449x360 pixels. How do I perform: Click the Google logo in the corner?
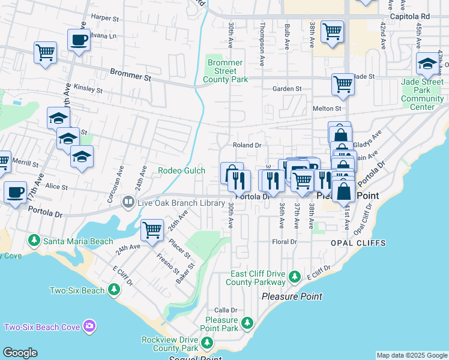[x=20, y=353]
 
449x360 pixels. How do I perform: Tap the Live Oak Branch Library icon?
[x=127, y=203]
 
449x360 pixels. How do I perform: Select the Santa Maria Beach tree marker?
[x=34, y=241]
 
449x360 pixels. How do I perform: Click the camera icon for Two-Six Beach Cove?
[x=89, y=326]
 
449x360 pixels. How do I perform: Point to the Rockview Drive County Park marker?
[x=206, y=343]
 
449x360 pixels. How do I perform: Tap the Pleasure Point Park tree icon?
[x=247, y=324]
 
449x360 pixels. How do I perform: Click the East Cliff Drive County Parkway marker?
[x=294, y=277]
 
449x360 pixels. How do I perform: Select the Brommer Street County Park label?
[x=225, y=71]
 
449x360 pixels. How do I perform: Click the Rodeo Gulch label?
[x=181, y=170]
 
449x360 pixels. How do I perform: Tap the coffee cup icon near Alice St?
[x=15, y=193]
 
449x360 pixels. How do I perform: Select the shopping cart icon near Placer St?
[x=152, y=230]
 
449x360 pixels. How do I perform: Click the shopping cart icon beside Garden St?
[x=343, y=85]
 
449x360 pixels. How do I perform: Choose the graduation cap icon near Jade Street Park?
[x=427, y=64]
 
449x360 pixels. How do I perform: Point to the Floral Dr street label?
[x=285, y=242]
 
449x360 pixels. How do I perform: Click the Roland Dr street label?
[x=247, y=145]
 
